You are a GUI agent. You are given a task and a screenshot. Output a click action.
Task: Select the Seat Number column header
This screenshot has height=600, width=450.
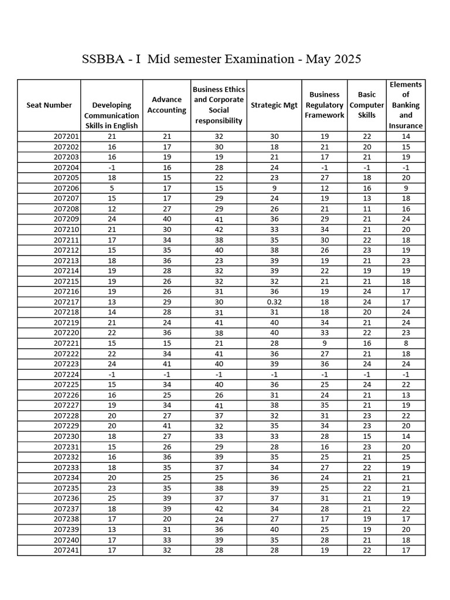(49, 105)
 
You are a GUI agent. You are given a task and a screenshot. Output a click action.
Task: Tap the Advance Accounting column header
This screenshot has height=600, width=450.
(166, 105)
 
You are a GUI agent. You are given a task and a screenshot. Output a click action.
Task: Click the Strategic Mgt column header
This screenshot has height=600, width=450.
(274, 105)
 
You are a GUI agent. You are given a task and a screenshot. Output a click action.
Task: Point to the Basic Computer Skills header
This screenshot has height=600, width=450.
(367, 105)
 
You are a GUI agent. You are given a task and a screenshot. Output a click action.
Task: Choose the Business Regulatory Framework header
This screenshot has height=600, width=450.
(325, 105)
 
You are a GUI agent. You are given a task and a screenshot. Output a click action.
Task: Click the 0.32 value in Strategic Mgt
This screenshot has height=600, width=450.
(274, 302)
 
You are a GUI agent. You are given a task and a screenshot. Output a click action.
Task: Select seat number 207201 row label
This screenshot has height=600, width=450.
(66, 137)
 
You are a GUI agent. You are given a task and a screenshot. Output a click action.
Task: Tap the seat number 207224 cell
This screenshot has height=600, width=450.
(66, 374)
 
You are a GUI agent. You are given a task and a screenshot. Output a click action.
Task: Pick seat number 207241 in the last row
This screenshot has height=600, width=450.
(66, 550)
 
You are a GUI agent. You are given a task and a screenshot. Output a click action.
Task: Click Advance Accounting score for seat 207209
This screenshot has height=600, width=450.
(166, 219)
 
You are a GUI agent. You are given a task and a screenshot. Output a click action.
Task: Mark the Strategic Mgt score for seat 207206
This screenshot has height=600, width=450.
(274, 188)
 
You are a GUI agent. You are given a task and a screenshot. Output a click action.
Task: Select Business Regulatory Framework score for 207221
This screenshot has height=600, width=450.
(325, 343)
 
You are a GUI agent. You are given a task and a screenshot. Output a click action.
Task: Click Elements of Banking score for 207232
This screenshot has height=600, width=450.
(405, 457)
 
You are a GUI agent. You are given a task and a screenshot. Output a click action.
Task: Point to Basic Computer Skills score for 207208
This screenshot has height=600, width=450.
(367, 209)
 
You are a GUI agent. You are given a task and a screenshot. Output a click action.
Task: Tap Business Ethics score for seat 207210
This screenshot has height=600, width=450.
(219, 230)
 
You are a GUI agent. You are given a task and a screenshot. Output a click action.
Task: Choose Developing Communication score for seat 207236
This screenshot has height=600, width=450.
(112, 498)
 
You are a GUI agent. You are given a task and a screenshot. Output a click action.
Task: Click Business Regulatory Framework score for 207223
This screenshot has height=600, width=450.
(325, 364)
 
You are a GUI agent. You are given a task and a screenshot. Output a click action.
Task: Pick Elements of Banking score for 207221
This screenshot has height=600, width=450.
(405, 343)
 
